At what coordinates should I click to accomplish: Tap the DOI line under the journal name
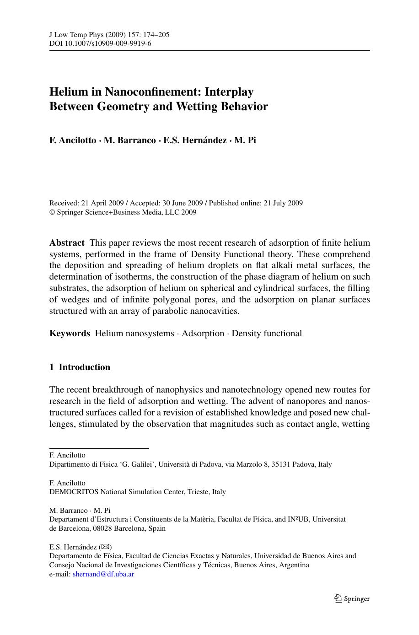pos(100,43)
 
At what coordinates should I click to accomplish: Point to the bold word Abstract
pos(67,243)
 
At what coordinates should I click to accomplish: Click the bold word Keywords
pos(70,334)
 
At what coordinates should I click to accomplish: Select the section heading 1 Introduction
pos(80,367)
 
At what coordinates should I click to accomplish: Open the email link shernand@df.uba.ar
pos(103,574)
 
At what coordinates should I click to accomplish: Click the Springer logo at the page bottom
pos(352,598)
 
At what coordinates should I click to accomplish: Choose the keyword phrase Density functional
pos(267,334)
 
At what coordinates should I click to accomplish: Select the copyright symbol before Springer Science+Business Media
pos(52,212)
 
